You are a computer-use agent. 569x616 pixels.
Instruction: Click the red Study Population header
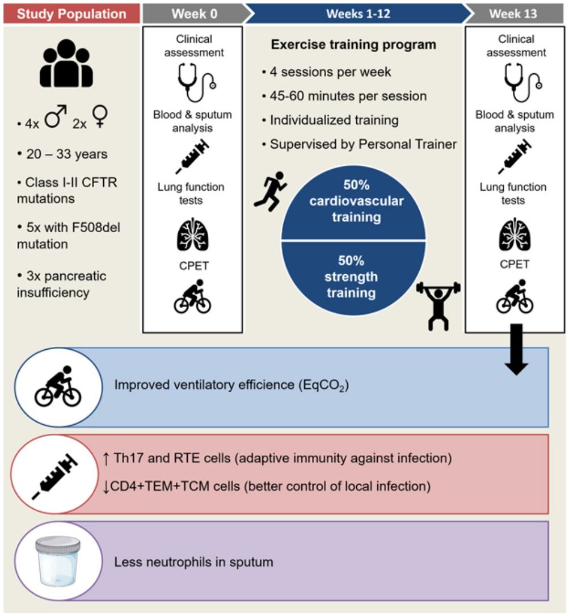coord(70,12)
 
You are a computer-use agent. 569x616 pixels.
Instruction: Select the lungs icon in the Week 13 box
coord(515,233)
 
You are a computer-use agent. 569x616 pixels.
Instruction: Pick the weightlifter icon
coord(438,304)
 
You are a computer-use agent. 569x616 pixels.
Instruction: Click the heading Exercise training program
coord(353,44)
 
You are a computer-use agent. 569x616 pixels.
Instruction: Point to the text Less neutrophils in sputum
coord(194,562)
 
